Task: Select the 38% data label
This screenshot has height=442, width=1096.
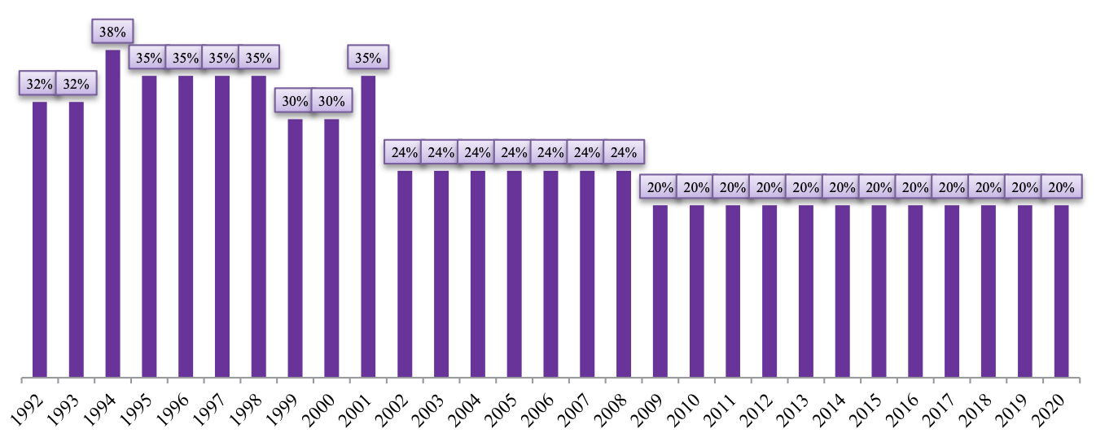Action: click(x=112, y=33)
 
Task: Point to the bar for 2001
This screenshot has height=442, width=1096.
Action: click(x=368, y=227)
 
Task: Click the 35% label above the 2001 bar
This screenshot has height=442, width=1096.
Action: click(x=368, y=59)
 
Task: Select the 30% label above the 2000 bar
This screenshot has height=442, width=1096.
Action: click(x=331, y=102)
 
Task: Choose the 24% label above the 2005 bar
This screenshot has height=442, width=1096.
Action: click(x=514, y=153)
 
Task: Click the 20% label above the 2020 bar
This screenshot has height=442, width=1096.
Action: click(x=1061, y=187)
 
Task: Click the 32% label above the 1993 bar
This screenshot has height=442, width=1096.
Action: click(x=76, y=84)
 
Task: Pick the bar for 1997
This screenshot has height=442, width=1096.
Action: click(x=222, y=227)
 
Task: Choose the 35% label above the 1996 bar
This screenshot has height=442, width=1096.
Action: click(x=186, y=59)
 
